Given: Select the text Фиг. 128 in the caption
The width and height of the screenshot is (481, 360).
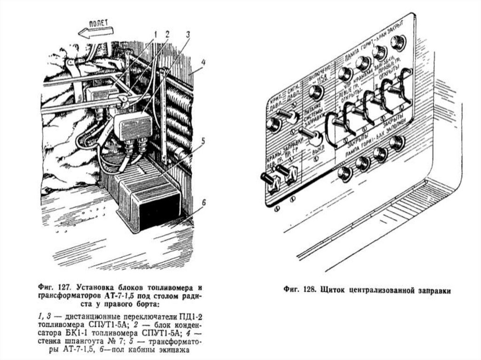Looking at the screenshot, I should pyautogui.click(x=295, y=290).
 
